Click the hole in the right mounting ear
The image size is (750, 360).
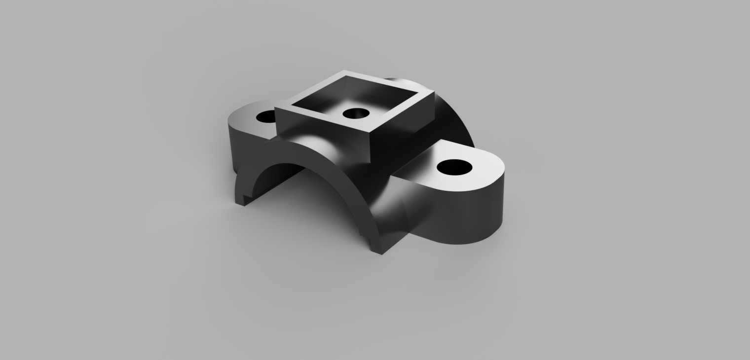pyautogui.click(x=454, y=167)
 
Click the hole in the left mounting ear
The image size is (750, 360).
pyautogui.click(x=266, y=117)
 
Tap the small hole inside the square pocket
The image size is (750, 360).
pyautogui.click(x=355, y=114)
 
